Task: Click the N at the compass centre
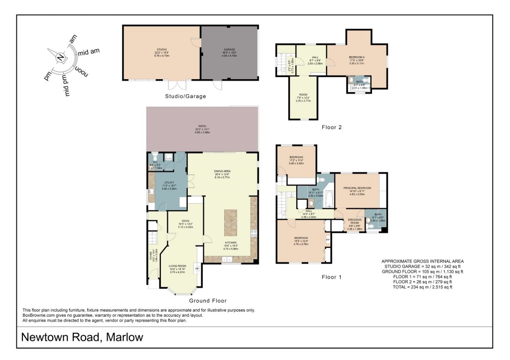point(60,58)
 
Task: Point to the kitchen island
point(231,223)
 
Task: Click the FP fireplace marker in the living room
point(197,269)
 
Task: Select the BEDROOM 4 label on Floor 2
point(357,58)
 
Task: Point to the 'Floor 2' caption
point(331,127)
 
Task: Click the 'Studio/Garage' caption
point(186,96)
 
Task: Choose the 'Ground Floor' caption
point(208,301)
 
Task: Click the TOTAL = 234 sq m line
point(422,287)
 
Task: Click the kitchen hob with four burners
point(254,232)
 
